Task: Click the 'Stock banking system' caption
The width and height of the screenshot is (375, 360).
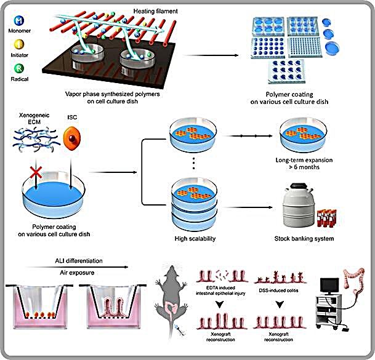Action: [303, 238]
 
